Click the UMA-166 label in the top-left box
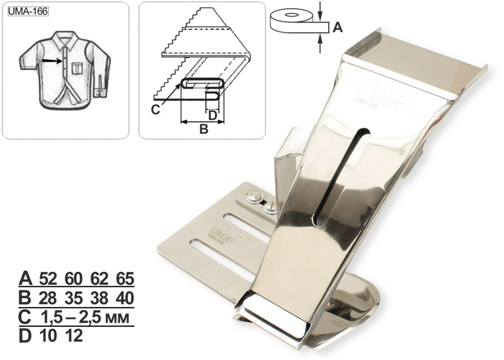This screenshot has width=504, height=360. pos(28,12)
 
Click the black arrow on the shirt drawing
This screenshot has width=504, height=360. pos(51,61)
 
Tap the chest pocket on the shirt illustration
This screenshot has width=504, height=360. pos(77,68)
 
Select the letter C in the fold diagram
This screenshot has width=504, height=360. pos(156,109)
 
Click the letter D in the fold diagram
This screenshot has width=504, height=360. pos(213,115)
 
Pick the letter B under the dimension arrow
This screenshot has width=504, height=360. pos(204,129)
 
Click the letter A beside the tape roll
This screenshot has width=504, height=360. pos(337,28)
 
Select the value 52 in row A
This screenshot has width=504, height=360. pos(48,278)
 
